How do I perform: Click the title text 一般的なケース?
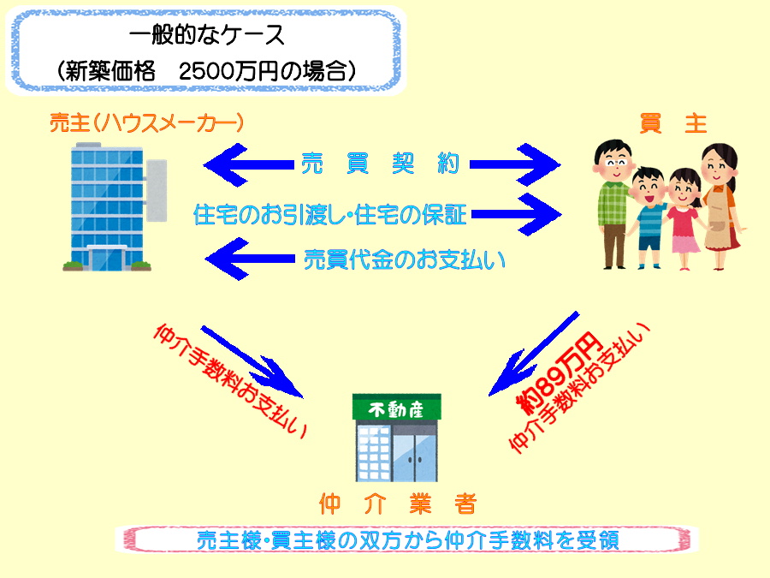[207, 35]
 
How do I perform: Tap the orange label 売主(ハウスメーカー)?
[146, 122]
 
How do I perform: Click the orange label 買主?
[673, 123]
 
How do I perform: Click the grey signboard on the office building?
[157, 190]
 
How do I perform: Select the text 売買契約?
[380, 164]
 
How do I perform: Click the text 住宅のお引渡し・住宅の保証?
[329, 214]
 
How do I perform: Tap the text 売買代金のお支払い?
[404, 259]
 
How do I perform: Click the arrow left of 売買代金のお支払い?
[251, 259]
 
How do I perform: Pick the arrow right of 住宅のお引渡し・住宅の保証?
[516, 214]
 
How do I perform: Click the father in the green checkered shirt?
[613, 204]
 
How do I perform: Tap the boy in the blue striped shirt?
[649, 217]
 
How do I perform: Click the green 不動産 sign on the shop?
[397, 408]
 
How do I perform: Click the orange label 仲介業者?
[398, 504]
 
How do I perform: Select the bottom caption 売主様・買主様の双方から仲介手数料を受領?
[407, 540]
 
